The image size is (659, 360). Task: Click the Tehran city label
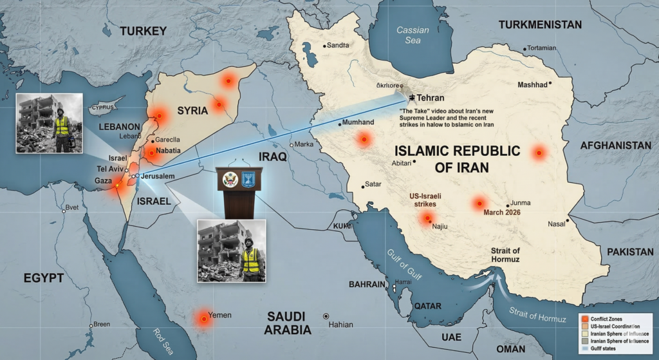point(431,98)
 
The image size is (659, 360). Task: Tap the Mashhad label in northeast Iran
point(532,85)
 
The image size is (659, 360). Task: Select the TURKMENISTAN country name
point(539,24)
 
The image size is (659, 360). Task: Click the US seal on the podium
point(230,180)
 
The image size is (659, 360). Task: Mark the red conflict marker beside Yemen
point(204,317)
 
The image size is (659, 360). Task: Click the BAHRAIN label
point(367,284)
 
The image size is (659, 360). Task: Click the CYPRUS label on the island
point(106,107)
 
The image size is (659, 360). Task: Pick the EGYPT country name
point(43,278)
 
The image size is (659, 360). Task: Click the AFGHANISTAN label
point(615,146)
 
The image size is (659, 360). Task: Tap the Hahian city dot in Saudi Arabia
point(326,316)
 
